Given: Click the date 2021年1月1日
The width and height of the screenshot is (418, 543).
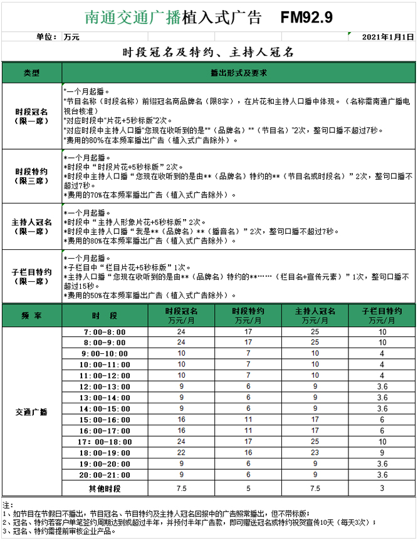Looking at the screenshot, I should (x=388, y=37).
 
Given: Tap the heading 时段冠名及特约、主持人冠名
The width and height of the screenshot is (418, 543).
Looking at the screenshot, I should (x=208, y=52).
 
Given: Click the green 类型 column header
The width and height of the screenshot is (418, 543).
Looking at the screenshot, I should (x=31, y=73).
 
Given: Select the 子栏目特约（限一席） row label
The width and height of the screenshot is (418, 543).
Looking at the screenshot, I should (x=31, y=276).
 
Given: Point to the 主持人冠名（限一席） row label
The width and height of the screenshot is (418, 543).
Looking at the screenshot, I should (x=31, y=227).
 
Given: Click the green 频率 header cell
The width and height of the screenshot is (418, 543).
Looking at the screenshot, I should (x=31, y=316).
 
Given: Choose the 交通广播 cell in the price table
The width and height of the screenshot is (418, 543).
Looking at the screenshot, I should (x=31, y=412).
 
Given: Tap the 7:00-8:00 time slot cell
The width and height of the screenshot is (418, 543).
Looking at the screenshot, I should (x=104, y=332).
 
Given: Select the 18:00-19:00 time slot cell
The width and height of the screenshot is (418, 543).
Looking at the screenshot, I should (x=104, y=453).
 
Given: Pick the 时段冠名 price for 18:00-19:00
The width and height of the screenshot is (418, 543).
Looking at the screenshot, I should (x=181, y=453).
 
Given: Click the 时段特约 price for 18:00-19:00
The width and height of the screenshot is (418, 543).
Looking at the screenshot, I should (x=248, y=453).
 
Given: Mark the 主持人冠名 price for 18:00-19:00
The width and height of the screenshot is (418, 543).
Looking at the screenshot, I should (x=315, y=453).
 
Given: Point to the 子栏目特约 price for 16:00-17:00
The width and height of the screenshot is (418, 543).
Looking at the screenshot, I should (x=382, y=431).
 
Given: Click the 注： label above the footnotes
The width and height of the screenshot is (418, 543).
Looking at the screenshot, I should (x=8, y=505).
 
